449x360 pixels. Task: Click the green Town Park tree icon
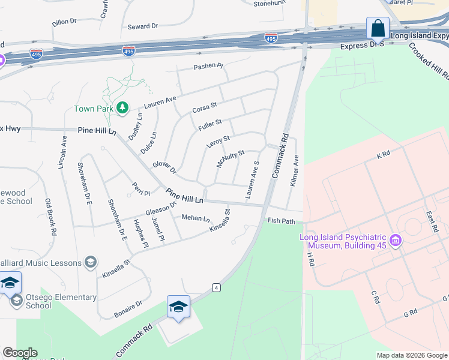click(122, 108)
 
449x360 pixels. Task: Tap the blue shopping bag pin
click(378, 28)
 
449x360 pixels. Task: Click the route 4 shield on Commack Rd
click(216, 288)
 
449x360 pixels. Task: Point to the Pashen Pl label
click(208, 66)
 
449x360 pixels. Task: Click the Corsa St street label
click(204, 109)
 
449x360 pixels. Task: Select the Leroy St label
click(218, 142)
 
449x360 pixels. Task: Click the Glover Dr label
click(163, 168)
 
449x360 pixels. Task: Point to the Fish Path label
click(281, 221)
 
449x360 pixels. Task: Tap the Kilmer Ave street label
click(295, 171)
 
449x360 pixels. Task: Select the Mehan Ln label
click(195, 218)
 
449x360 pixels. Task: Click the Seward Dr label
click(142, 26)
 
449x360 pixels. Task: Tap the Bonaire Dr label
click(128, 308)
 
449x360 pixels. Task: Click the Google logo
click(19, 353)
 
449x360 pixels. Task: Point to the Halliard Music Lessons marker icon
click(91, 262)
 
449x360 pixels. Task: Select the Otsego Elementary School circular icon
click(16, 300)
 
